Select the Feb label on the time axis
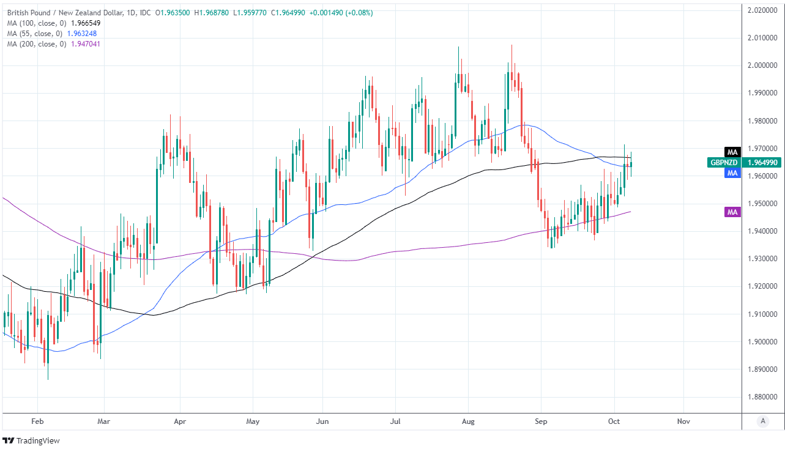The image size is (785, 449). [x=38, y=421]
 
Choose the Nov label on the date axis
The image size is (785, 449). [x=683, y=421]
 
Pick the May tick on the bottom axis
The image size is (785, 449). [x=253, y=421]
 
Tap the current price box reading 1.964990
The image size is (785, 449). [x=763, y=163]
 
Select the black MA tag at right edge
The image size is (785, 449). [x=732, y=152]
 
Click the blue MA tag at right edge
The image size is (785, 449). [x=732, y=174]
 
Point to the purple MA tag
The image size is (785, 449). [x=732, y=212]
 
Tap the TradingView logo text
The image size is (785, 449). [x=37, y=440]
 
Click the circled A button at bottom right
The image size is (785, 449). [x=762, y=421]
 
